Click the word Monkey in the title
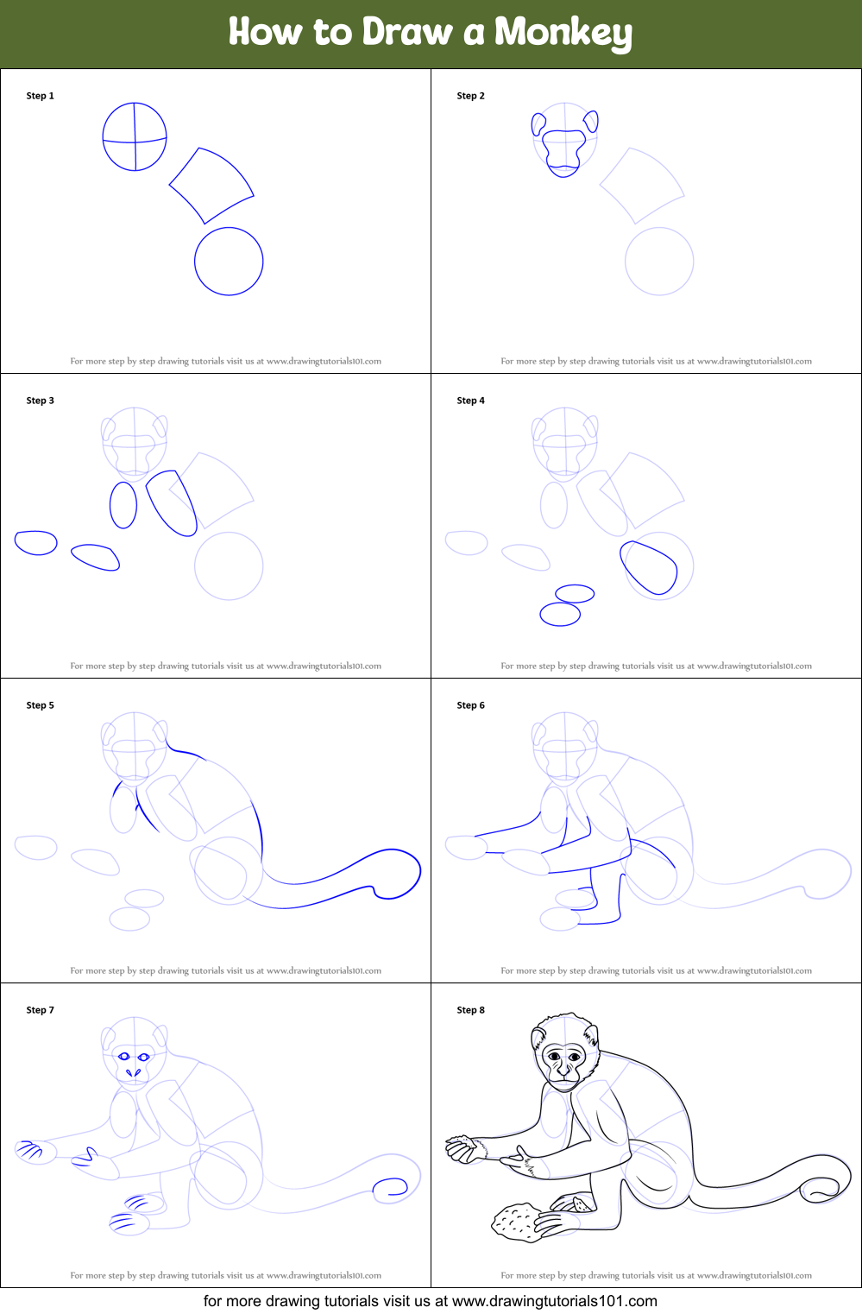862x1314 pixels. click(x=563, y=33)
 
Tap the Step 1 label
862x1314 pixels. click(x=40, y=96)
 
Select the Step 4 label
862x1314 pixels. click(x=470, y=400)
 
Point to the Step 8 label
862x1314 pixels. click(x=470, y=1009)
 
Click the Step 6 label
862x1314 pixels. click(x=470, y=705)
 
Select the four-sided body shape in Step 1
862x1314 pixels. click(x=199, y=148)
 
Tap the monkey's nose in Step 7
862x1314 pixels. click(x=133, y=1072)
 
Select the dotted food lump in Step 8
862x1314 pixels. click(x=516, y=1222)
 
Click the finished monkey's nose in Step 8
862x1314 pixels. click(x=563, y=1070)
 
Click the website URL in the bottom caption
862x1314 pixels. click(x=554, y=1301)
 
